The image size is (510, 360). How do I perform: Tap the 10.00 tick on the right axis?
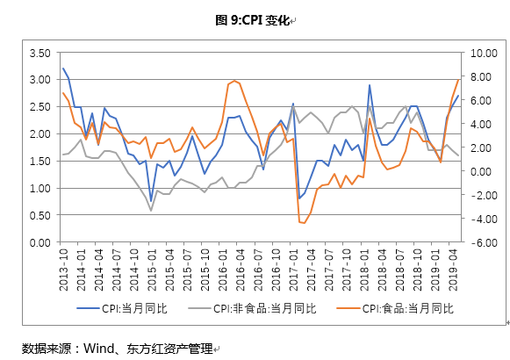tap(484, 53)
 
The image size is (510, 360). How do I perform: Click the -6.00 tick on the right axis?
tap(484, 242)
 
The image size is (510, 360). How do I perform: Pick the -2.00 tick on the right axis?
tap(484, 195)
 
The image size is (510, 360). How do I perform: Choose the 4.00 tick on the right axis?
tap(484, 124)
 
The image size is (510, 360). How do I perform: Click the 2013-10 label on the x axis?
tap(62, 263)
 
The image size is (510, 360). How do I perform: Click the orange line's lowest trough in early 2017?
tap(304, 223)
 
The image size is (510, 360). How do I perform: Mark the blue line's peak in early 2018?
tap(370, 85)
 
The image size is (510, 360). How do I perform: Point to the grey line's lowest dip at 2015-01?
tap(151, 211)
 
